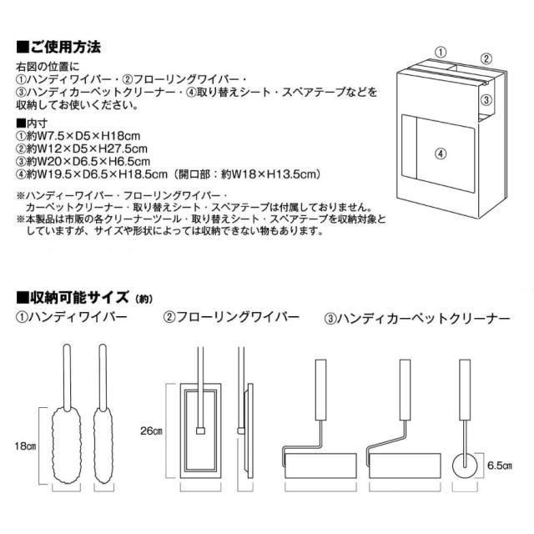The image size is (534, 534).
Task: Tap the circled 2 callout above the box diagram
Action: coord(486,58)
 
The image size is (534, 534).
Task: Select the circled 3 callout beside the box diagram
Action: coord(485,98)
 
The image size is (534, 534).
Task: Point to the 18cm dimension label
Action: coord(25,444)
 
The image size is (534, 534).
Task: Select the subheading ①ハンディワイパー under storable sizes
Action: coord(69,318)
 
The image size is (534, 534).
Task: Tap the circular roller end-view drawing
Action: coord(463,463)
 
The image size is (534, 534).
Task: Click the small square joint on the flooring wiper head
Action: coord(200,431)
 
